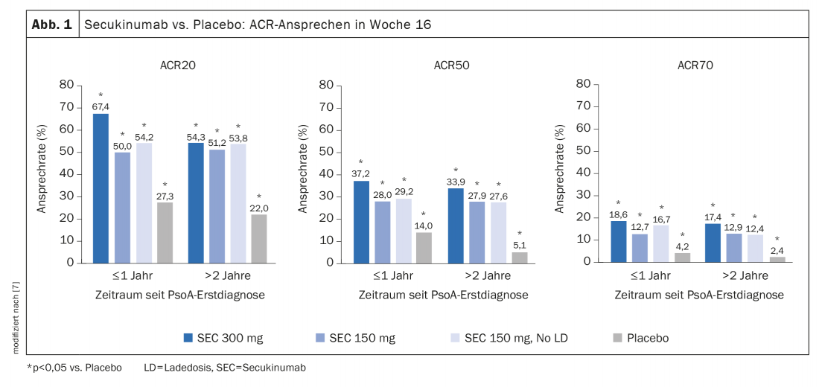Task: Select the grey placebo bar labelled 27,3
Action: tap(164, 233)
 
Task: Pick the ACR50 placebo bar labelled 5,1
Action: tap(519, 258)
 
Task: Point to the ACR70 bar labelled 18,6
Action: tap(618, 242)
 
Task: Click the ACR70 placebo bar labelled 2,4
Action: tap(777, 259)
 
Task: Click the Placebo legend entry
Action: tap(640, 338)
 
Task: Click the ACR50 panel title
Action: tap(452, 65)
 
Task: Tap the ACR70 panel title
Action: tap(695, 65)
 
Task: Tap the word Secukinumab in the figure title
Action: tap(118, 25)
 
